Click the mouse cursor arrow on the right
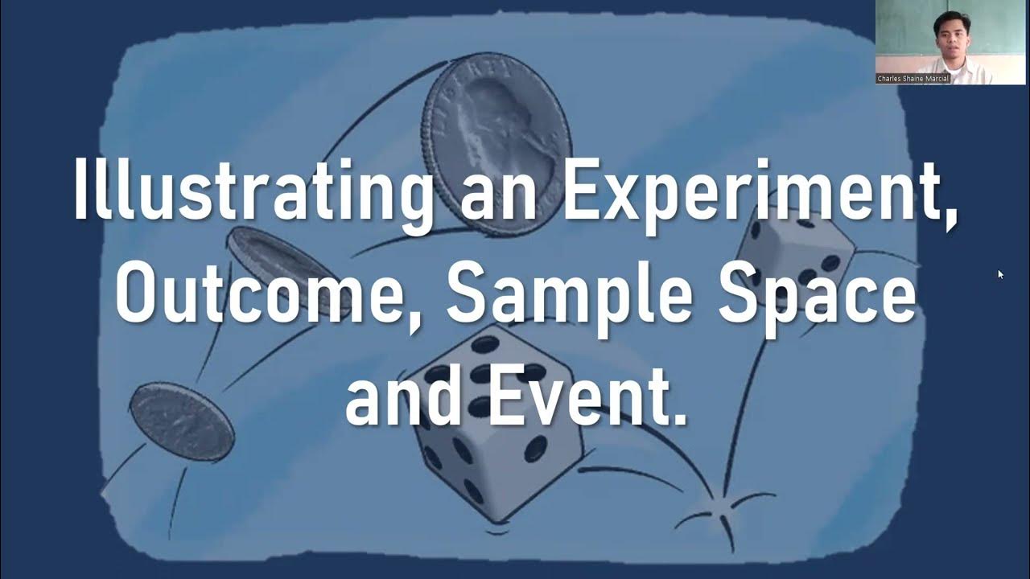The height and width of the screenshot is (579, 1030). point(1000,274)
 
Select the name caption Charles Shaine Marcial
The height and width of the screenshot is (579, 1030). point(913,79)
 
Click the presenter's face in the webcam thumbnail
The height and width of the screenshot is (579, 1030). point(947,33)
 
